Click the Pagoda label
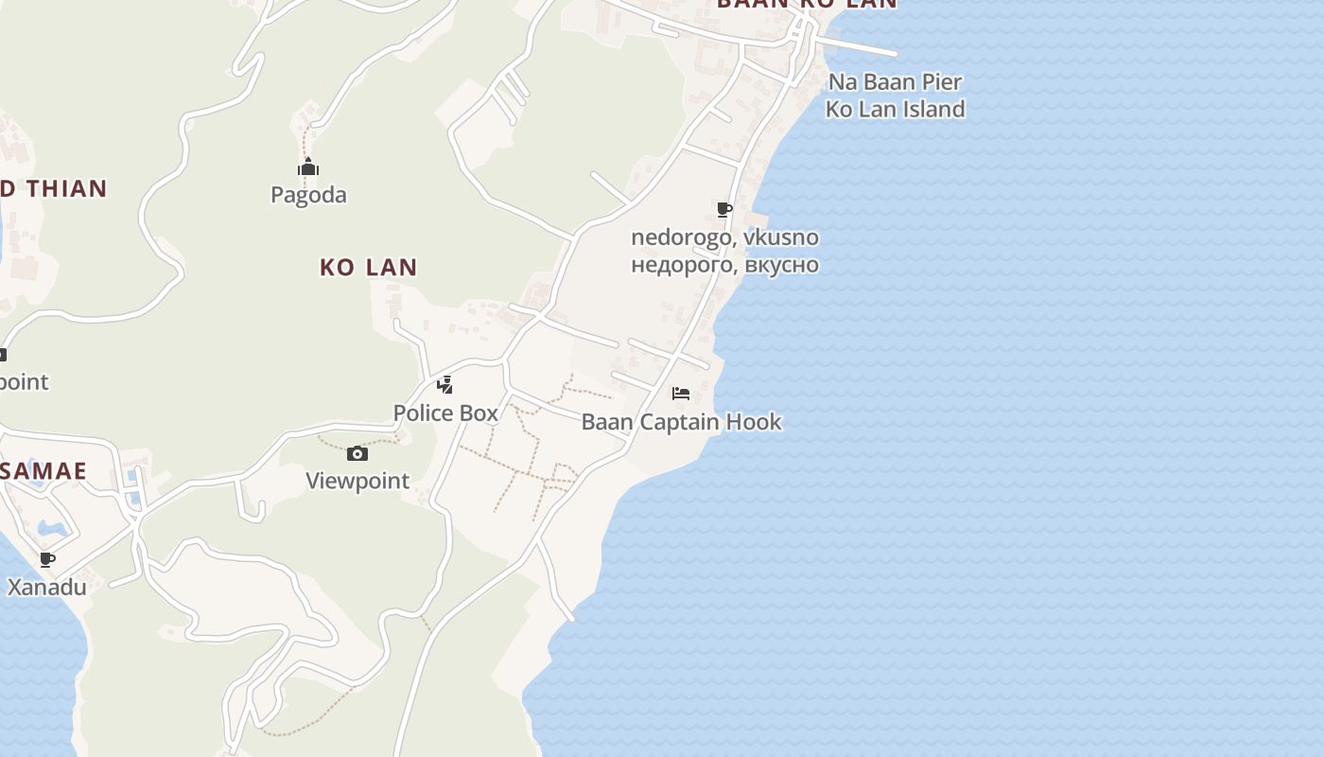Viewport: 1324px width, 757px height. (x=308, y=195)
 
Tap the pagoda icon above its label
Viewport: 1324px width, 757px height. (x=308, y=168)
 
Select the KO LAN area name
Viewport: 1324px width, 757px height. (x=368, y=267)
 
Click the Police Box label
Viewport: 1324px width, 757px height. (x=445, y=413)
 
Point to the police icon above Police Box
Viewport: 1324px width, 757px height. (x=444, y=385)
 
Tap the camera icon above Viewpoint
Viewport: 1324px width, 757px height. (x=357, y=454)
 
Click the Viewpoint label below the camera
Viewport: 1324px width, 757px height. (x=357, y=481)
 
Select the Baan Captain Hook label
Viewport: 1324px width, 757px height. (x=681, y=421)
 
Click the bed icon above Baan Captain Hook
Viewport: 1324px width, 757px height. (x=680, y=394)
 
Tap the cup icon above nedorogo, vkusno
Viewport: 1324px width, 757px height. (x=724, y=209)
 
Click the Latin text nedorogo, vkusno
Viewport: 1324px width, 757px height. (x=724, y=238)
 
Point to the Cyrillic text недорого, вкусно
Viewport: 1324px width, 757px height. (x=724, y=264)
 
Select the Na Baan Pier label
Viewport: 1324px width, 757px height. (x=895, y=81)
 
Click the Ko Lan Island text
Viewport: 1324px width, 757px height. (x=895, y=109)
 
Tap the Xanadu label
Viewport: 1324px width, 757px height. (x=47, y=587)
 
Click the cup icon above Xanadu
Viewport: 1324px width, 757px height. (x=47, y=559)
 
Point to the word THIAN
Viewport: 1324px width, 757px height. (x=66, y=188)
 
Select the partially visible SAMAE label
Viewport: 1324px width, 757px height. (x=44, y=470)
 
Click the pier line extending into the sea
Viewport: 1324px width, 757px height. (x=861, y=47)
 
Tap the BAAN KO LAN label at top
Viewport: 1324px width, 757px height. (x=806, y=4)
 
